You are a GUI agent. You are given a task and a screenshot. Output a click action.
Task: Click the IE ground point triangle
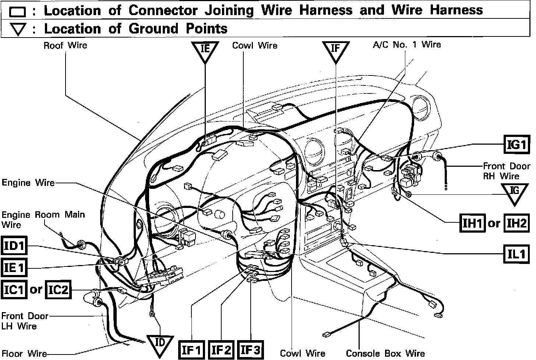tap(205, 51)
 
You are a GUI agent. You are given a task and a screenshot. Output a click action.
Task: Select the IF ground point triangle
tap(335, 51)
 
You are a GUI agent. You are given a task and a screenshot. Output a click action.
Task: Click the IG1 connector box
tap(516, 144)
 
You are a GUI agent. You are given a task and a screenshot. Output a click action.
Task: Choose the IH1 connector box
tap(472, 223)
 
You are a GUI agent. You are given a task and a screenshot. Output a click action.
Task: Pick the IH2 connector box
tap(516, 223)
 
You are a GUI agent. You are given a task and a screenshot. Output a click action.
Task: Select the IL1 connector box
tap(516, 254)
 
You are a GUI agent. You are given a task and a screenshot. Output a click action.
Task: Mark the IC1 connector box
tap(14, 290)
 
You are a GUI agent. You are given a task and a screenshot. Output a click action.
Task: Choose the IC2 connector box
tap(58, 290)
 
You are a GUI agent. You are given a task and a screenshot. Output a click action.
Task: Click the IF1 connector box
tap(192, 350)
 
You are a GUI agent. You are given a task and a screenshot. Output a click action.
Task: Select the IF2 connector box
tap(221, 350)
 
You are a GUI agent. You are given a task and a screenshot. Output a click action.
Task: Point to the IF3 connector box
tap(251, 350)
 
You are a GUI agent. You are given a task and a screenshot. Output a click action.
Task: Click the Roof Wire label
tap(65, 46)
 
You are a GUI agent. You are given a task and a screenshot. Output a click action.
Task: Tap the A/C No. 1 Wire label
tap(406, 45)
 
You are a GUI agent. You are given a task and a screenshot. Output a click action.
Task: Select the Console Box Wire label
tap(385, 353)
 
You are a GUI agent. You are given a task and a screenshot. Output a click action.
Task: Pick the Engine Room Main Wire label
tap(43, 219)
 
